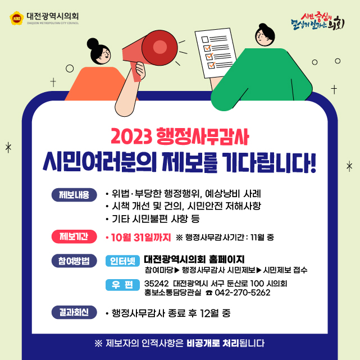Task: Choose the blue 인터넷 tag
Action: pos(122,261)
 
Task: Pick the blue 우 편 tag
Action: pos(122,285)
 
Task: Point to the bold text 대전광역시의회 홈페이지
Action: pos(194,259)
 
